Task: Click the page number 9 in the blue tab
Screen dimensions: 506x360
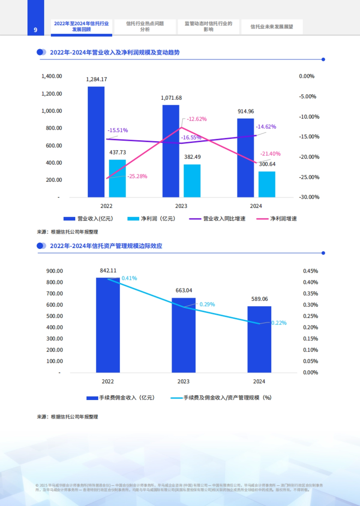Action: pyautogui.click(x=35, y=30)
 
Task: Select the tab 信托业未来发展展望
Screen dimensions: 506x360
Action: pyautogui.click(x=271, y=27)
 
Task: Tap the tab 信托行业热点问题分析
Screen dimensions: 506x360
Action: pyautogui.click(x=145, y=26)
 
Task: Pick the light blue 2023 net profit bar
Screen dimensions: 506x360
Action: pyautogui.click(x=192, y=181)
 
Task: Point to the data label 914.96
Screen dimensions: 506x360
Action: pyautogui.click(x=246, y=111)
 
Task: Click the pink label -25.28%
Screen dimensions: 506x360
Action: pyautogui.click(x=137, y=176)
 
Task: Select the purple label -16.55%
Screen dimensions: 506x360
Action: pyautogui.click(x=191, y=138)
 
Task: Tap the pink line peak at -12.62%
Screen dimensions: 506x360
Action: pyautogui.click(x=181, y=128)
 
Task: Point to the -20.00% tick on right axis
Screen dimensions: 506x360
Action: pyautogui.click(x=309, y=157)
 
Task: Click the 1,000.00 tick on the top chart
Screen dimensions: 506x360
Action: pyautogui.click(x=52, y=111)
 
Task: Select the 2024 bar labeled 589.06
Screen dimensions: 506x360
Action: pyautogui.click(x=259, y=339)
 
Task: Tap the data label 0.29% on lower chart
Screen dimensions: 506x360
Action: pyautogui.click(x=207, y=305)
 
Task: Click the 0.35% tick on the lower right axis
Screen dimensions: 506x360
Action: pyautogui.click(x=310, y=294)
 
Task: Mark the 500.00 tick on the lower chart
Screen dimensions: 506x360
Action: pyautogui.click(x=55, y=316)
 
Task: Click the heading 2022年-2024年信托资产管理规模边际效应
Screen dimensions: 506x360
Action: pyautogui.click(x=106, y=246)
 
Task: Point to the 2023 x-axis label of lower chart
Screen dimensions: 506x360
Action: pyautogui.click(x=183, y=381)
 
